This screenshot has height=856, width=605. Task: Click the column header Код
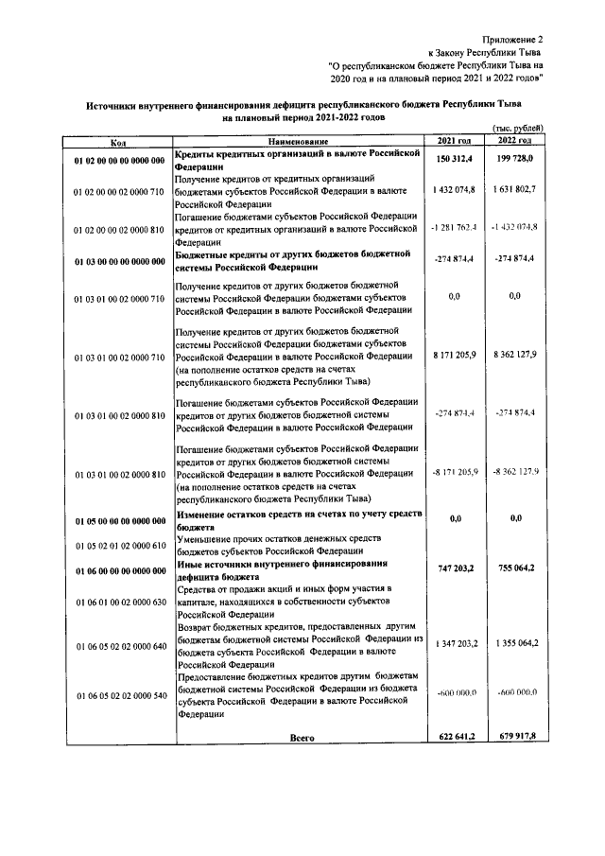coord(118,142)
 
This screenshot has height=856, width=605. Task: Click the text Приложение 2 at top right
coord(513,39)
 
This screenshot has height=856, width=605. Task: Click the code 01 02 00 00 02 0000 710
coord(119,192)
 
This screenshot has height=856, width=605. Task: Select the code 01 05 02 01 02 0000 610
coord(119,546)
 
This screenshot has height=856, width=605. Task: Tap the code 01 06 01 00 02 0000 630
coord(119,601)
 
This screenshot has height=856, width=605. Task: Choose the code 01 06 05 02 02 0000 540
coord(119,695)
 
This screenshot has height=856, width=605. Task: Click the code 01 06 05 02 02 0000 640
coord(119,646)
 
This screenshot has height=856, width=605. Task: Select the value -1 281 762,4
coord(453,228)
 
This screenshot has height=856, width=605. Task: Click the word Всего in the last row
coord(301,736)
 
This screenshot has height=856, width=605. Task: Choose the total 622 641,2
coord(453,735)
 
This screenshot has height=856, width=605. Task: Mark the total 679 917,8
coord(513,735)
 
